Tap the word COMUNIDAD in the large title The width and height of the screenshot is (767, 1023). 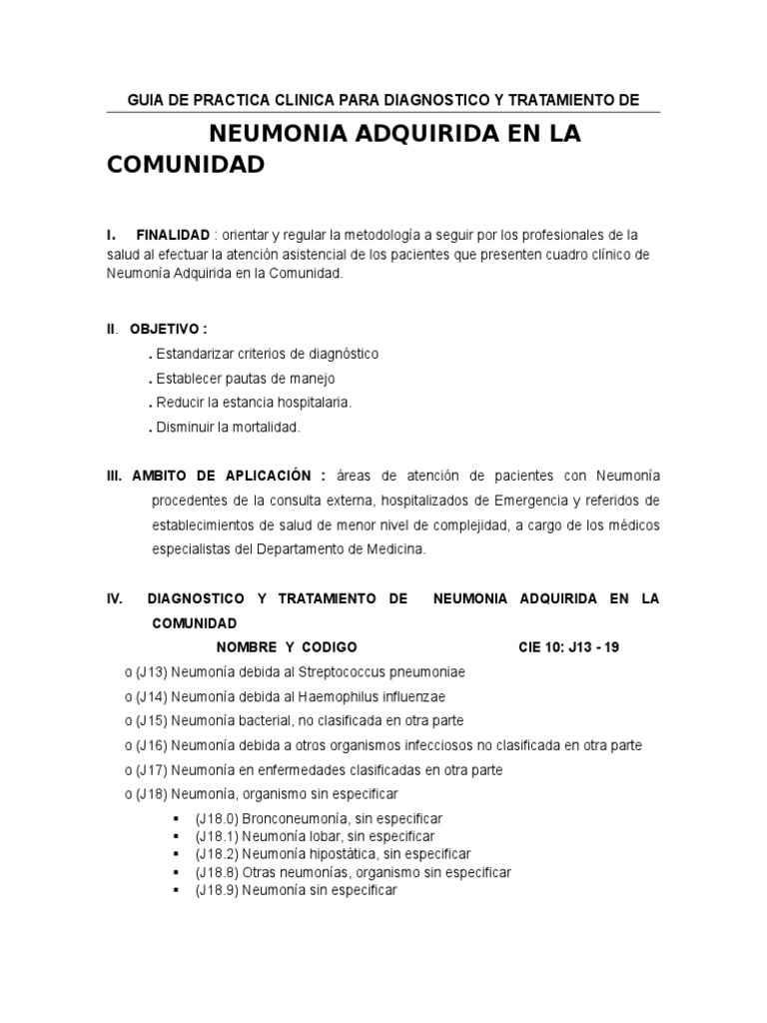pyautogui.click(x=186, y=164)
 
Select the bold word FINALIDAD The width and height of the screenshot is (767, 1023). pyautogui.click(x=173, y=235)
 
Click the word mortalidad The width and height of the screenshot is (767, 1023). pyautogui.click(x=266, y=427)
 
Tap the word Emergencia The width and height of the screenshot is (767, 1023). pyautogui.click(x=499, y=500)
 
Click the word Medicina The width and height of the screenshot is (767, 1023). pyautogui.click(x=397, y=548)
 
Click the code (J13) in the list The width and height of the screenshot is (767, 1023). pyautogui.click(x=151, y=671)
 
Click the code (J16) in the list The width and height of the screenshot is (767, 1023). pyautogui.click(x=151, y=745)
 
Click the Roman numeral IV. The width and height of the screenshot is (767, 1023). pyautogui.click(x=115, y=598)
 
